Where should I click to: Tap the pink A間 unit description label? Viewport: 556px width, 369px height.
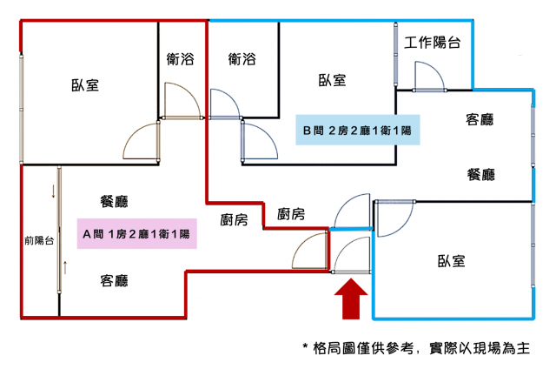click(x=136, y=234)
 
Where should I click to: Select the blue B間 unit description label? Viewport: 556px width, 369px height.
click(x=356, y=131)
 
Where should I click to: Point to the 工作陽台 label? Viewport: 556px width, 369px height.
click(x=433, y=43)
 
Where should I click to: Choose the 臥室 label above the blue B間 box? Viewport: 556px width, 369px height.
click(x=332, y=81)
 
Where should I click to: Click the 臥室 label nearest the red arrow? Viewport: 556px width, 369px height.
click(x=452, y=260)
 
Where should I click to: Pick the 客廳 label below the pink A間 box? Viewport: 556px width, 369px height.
click(x=115, y=280)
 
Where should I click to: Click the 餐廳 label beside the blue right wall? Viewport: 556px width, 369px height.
click(x=480, y=174)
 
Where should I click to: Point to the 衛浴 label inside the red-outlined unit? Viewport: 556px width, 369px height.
click(x=180, y=59)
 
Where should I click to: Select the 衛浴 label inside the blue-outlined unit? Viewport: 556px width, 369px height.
click(x=242, y=59)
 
